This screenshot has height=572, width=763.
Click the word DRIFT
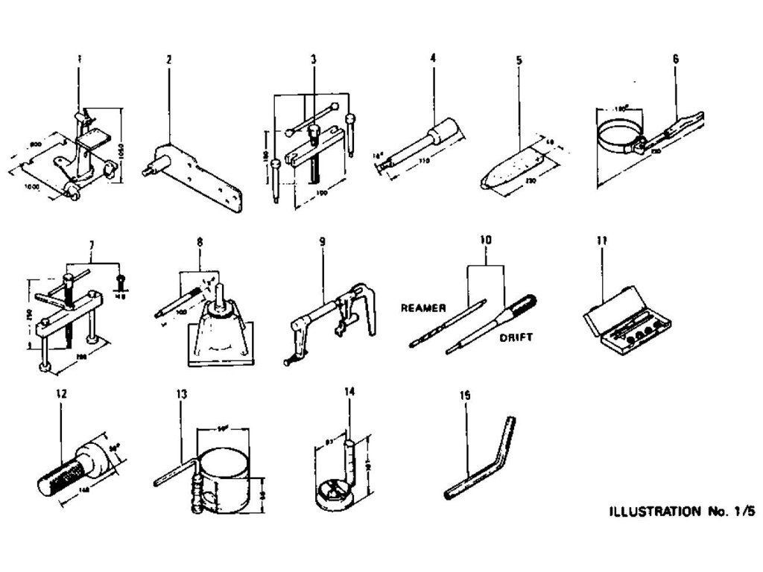[x=516, y=337]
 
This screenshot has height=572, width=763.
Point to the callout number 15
[x=465, y=397]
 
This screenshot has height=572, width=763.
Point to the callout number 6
[x=675, y=58]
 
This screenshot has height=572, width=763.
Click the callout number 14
[x=349, y=390]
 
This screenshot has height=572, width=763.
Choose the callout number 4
[x=432, y=57]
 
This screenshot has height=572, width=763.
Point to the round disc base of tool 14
[x=334, y=495]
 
